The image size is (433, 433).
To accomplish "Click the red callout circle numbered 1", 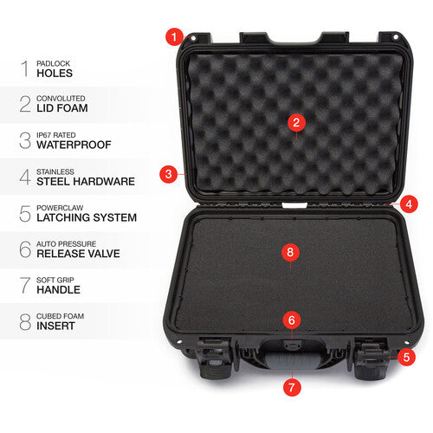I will (174, 36).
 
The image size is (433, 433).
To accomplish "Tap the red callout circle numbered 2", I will (296, 123).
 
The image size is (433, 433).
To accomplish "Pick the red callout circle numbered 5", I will (406, 355).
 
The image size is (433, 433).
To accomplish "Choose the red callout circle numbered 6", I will (292, 320).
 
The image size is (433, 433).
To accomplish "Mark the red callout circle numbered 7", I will (292, 385).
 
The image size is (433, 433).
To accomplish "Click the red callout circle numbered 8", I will (291, 251).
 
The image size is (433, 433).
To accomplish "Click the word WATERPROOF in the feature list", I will (74, 145).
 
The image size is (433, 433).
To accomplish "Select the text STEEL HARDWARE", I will (85, 182).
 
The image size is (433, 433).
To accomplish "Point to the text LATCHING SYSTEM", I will (86, 217).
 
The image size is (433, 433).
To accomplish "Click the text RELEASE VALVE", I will (78, 254).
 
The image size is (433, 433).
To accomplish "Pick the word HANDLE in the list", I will (59, 290).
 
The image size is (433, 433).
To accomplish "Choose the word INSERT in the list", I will (55, 326).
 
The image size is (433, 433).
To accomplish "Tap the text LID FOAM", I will (64, 109).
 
